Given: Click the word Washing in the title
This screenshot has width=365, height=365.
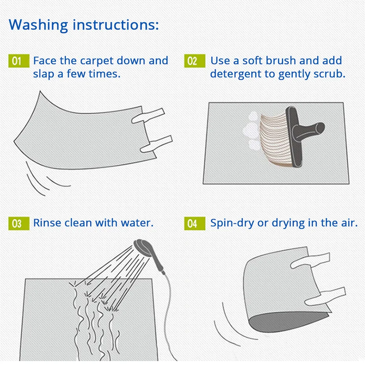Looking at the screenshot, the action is pos(38,25).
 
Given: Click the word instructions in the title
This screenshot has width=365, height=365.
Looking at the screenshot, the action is pos(116,24).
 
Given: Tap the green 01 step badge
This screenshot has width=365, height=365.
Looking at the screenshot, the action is pos(19,61).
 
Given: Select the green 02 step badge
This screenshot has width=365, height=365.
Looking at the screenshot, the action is pos(195,61).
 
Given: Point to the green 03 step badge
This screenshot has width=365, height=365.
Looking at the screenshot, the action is pos(19,223).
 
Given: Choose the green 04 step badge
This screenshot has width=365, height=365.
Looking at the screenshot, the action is pos(195,223).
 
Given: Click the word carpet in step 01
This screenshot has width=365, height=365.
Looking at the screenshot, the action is pos(97,61).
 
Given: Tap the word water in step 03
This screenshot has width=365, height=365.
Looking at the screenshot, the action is pos(137,223).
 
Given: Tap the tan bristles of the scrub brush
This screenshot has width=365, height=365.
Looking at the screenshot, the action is pos(275,140).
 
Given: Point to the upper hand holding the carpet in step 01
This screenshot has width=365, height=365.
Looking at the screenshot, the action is pos(148,115).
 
